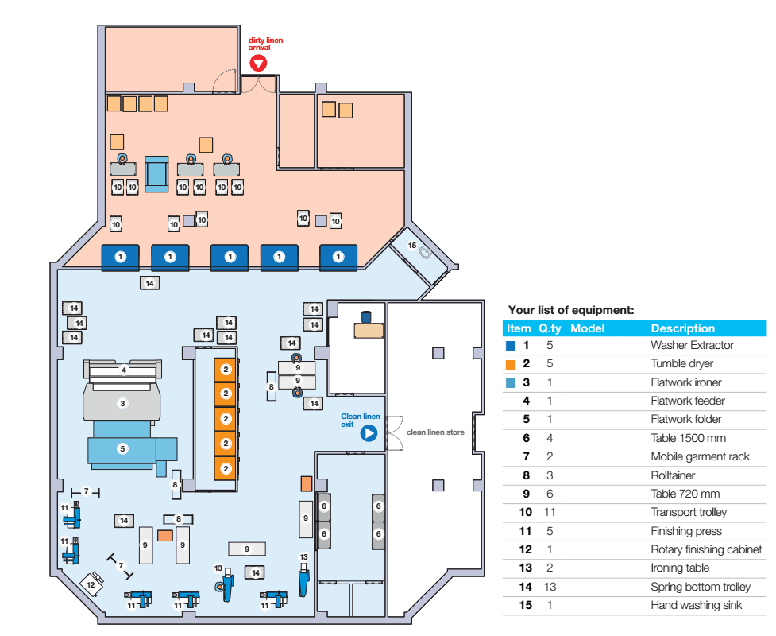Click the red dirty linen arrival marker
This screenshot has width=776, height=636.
pyautogui.click(x=258, y=64)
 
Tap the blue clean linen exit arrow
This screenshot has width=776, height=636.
pyautogui.click(x=369, y=433)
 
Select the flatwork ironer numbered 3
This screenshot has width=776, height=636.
pyautogui.click(x=122, y=403)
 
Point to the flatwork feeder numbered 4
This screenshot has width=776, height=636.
pyautogui.click(x=124, y=370)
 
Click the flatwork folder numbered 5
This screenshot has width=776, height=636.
pyautogui.click(x=122, y=448)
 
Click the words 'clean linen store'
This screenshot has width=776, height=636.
pyautogui.click(x=435, y=432)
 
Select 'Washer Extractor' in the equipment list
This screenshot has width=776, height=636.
pyautogui.click(x=692, y=346)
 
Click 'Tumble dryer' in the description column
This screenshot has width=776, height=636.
pyautogui.click(x=681, y=364)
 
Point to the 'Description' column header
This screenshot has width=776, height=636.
pyautogui.click(x=682, y=328)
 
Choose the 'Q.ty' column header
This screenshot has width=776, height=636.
pyautogui.click(x=550, y=328)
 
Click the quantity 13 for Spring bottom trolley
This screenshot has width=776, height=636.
pyautogui.click(x=550, y=588)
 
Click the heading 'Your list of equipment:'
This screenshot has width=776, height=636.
pyautogui.click(x=570, y=311)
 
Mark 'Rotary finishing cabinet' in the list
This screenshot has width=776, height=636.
pyautogui.click(x=706, y=549)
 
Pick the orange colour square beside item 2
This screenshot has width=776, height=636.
pyautogui.click(x=512, y=364)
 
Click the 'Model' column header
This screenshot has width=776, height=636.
pyautogui.click(x=588, y=328)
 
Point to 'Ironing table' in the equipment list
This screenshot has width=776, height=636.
pyautogui.click(x=680, y=568)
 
